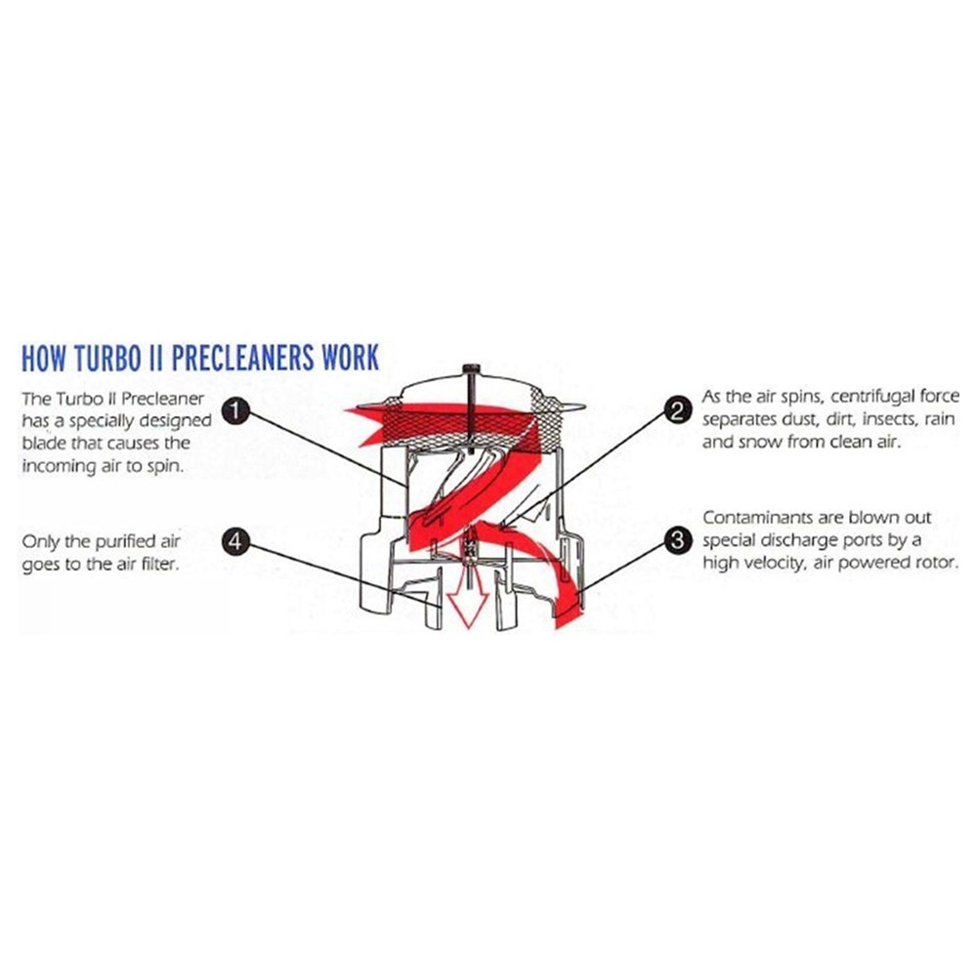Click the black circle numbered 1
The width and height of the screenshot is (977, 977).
pyautogui.click(x=235, y=411)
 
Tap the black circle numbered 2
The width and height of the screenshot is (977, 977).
pyautogui.click(x=678, y=411)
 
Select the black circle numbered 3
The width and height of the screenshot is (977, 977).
pyautogui.click(x=678, y=540)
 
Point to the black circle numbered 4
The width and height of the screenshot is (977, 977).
pyautogui.click(x=235, y=540)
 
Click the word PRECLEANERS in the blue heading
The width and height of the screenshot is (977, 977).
pyautogui.click(x=242, y=358)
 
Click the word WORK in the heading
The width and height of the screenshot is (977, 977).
pyautogui.click(x=350, y=358)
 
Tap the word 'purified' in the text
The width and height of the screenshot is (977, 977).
pyautogui.click(x=118, y=541)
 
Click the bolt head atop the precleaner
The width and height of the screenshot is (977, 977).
pyautogui.click(x=471, y=370)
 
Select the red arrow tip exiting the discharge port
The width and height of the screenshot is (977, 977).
pyautogui.click(x=569, y=616)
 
